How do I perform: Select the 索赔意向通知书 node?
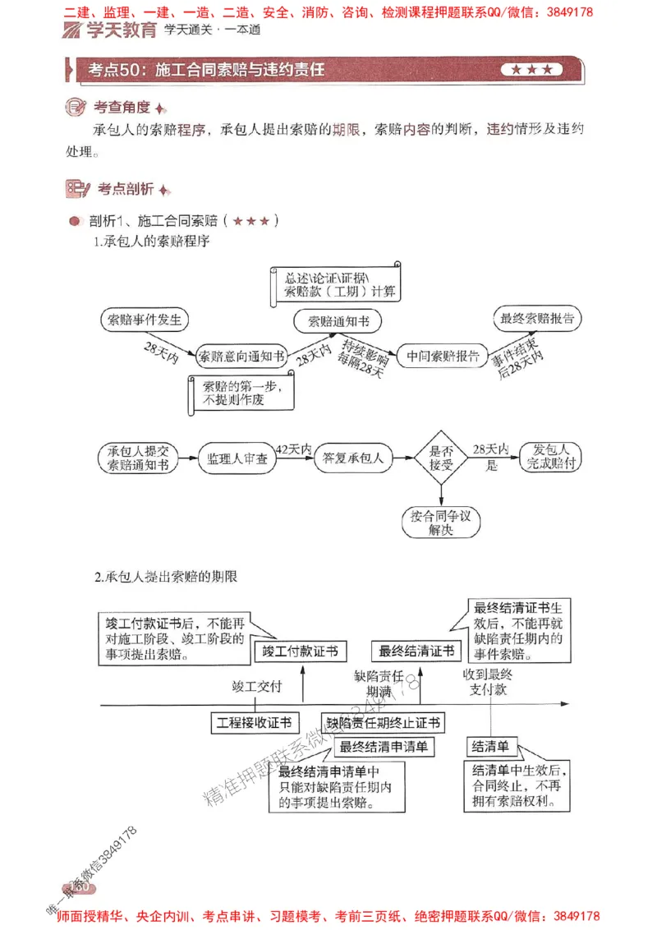(241, 356)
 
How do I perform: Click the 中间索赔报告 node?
(443, 356)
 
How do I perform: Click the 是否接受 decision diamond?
(442, 458)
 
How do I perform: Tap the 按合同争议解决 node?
(442, 523)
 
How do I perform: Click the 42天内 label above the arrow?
(293, 449)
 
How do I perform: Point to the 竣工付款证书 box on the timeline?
(300, 651)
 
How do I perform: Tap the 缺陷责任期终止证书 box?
(384, 723)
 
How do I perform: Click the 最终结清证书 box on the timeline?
(416, 651)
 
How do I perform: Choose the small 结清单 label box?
(490, 747)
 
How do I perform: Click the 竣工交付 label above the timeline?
(257, 687)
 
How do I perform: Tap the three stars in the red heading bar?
(531, 70)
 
